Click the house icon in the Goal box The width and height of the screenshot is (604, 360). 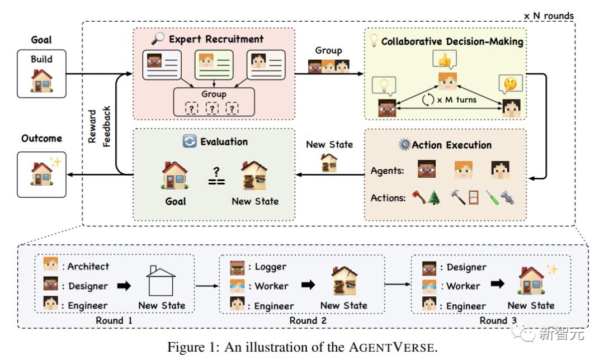coord(41,80)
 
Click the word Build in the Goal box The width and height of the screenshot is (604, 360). coord(41,59)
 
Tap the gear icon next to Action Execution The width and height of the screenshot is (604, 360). coord(404,144)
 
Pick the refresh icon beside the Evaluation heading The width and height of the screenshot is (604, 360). coord(190,141)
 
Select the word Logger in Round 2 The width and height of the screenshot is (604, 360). coord(271,267)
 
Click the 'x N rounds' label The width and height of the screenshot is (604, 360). coord(549,16)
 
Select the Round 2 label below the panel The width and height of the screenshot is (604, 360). coord(308,320)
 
